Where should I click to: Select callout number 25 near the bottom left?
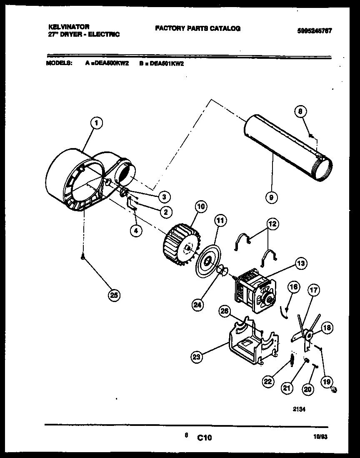click(x=113, y=295)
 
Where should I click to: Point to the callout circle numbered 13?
click(x=301, y=263)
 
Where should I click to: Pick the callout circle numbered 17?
click(x=313, y=289)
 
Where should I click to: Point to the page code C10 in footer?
click(x=205, y=438)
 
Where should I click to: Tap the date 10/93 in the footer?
click(x=320, y=438)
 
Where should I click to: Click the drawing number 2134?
click(x=298, y=409)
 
